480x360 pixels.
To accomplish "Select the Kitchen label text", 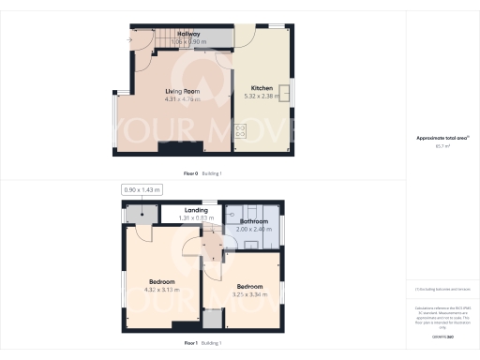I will pos(262,88).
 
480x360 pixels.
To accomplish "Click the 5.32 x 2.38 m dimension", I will pos(262,96).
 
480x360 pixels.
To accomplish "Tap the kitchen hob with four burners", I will pos(240,131).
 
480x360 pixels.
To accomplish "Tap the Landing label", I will pos(196,210).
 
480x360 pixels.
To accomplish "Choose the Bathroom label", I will pos(254,221).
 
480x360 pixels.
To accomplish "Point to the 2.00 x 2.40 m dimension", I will pos(254,229).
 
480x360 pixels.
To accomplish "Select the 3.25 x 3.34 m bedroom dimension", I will pos(249,294).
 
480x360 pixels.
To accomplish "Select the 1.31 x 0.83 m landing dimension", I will pos(196,218).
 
